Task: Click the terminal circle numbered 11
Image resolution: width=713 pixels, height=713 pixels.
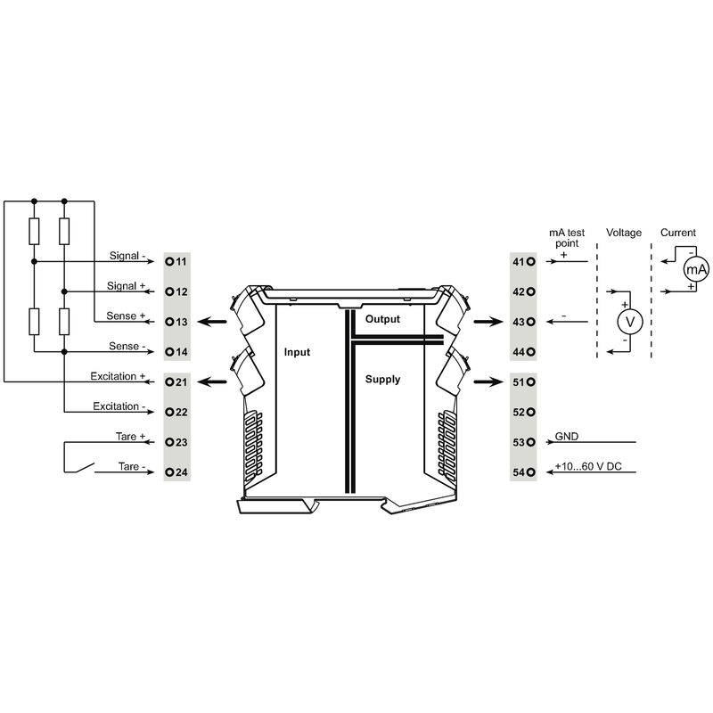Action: click(x=169, y=261)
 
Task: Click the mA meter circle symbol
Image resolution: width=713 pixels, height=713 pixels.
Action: click(x=696, y=269)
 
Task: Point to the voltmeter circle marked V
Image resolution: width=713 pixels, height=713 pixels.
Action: click(x=630, y=322)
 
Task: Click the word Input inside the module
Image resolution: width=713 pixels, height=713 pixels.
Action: click(x=297, y=352)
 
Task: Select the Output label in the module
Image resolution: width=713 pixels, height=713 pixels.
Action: click(x=382, y=319)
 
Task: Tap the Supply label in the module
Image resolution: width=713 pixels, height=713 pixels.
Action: click(x=382, y=380)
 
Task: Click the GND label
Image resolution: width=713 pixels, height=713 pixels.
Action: click(x=567, y=436)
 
